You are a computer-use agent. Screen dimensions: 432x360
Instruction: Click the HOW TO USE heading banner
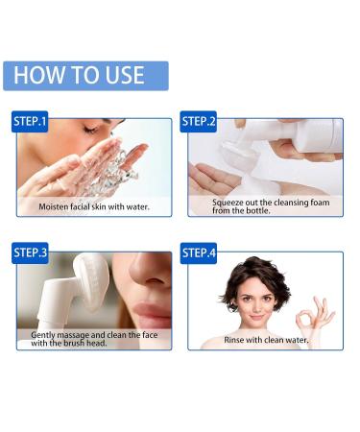(85, 76)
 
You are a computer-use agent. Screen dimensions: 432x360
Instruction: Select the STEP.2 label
(200, 121)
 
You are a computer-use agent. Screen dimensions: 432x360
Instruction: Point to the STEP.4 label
(200, 253)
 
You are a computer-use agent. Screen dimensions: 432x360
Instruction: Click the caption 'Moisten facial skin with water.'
(92, 206)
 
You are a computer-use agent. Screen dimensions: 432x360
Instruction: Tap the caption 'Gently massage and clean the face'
(88, 335)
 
